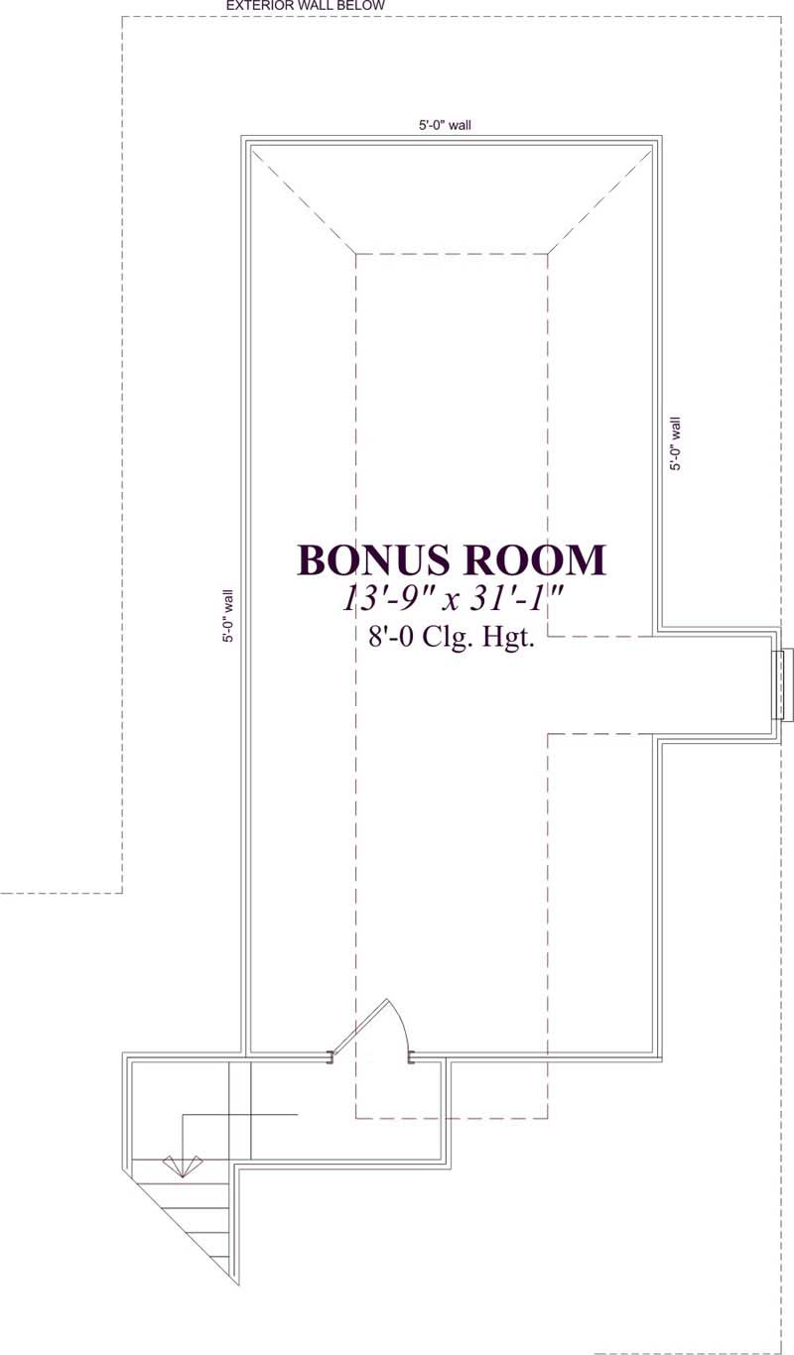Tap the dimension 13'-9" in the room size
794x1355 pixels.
coord(387,598)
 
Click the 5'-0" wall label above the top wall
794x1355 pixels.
coord(444,126)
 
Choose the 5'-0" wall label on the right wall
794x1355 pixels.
coord(676,443)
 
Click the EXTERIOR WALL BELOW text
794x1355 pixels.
coord(306,6)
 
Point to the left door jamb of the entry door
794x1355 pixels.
coord(331,1058)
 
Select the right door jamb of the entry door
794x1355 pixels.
coord(411,1058)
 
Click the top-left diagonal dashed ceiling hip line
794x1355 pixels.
coord(303,199)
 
